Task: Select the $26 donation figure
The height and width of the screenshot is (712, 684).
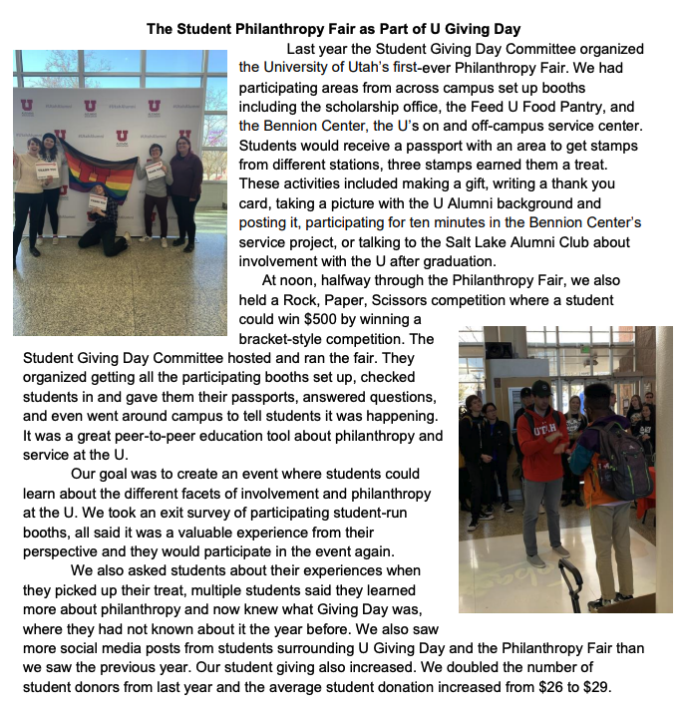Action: [x=552, y=686]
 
